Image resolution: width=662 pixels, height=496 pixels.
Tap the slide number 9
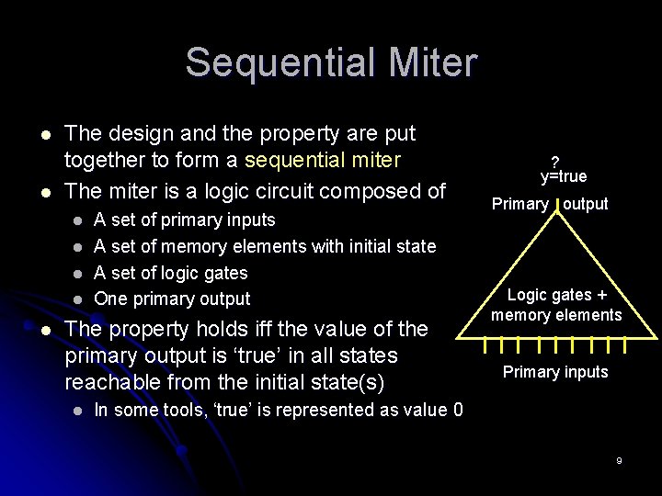[x=620, y=459]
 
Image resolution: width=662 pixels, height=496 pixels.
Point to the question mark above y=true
[x=555, y=159]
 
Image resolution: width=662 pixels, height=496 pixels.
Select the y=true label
[x=564, y=175]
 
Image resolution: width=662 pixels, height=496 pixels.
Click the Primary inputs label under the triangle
[x=555, y=371]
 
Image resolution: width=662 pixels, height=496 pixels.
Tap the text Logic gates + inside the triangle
[x=556, y=295]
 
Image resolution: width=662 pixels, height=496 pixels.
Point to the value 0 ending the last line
[x=458, y=410]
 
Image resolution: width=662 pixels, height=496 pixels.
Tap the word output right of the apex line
[x=586, y=204]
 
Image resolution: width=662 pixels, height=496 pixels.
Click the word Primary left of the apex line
[x=520, y=204]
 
